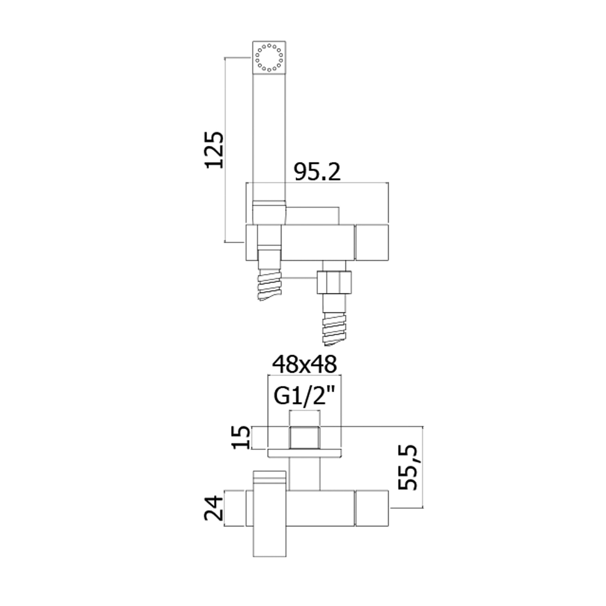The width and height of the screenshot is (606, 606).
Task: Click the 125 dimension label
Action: (x=215, y=149)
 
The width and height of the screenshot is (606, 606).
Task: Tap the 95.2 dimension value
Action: (x=317, y=173)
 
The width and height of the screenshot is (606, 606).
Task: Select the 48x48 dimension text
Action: (x=304, y=364)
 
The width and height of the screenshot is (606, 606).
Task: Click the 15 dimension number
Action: (x=241, y=438)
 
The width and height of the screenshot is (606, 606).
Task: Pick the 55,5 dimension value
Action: (x=407, y=467)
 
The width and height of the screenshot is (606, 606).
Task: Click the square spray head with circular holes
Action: (x=269, y=57)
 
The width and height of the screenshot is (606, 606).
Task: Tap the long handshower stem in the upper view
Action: (x=269, y=137)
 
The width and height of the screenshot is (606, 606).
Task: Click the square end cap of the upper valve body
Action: (x=372, y=242)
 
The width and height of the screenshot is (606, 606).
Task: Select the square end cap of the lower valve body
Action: (x=372, y=508)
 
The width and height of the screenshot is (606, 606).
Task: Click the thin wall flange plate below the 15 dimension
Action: (x=305, y=453)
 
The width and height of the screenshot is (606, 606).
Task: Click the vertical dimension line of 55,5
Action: (x=423, y=467)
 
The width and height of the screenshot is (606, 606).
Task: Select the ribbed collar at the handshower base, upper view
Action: (x=269, y=213)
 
